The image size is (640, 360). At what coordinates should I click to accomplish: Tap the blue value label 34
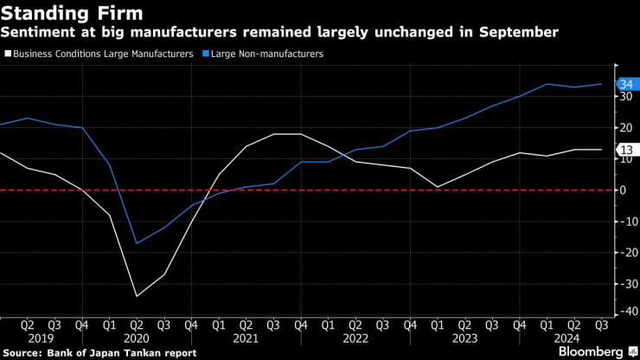(627, 84)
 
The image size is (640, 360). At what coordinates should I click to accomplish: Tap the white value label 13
(627, 150)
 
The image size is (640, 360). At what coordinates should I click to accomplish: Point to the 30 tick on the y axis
(626, 97)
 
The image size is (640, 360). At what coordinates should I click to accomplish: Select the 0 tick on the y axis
(623, 190)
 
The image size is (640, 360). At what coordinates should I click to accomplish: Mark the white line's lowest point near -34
(137, 296)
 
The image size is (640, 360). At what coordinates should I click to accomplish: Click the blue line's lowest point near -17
(137, 243)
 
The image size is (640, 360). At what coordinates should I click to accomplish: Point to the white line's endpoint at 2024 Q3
(602, 150)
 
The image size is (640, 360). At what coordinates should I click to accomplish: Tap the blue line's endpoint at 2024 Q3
(602, 84)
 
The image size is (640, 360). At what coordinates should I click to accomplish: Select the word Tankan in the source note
(145, 353)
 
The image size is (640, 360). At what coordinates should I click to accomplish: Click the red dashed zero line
(346, 190)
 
